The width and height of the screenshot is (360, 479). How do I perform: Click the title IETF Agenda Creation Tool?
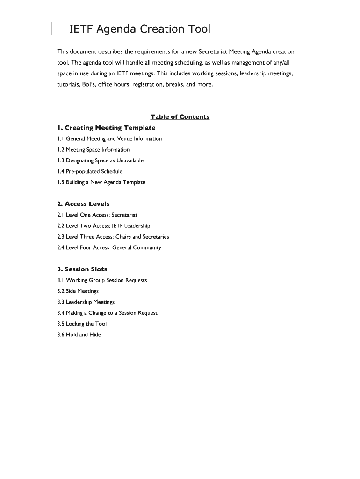coord(140,29)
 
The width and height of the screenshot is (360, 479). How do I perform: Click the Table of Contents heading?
coord(180,117)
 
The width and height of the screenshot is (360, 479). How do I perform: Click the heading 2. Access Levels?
coord(83,204)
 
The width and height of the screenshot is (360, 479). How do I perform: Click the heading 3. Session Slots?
coord(82,269)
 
